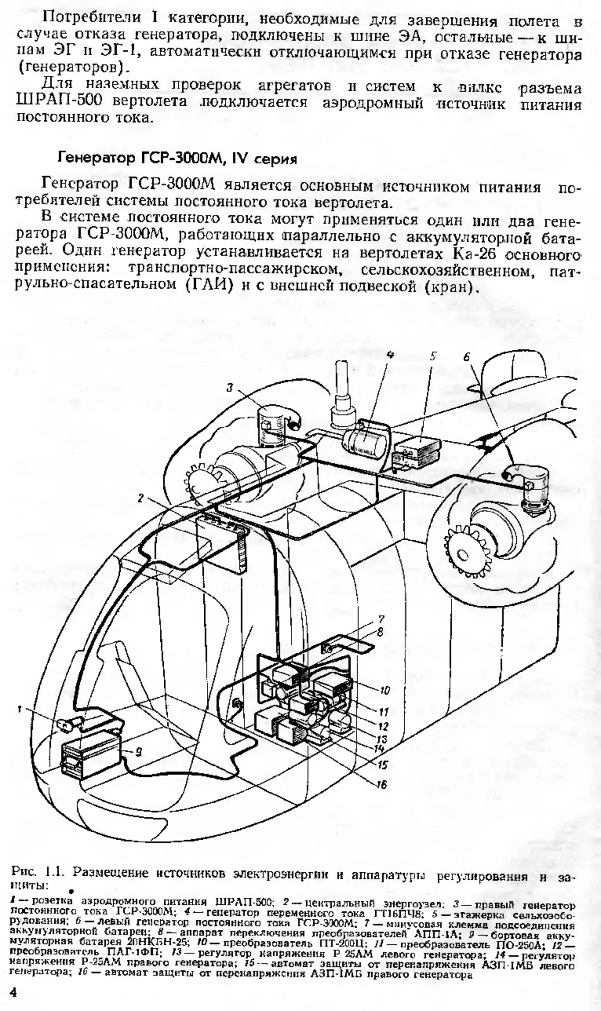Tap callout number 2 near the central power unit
click(x=141, y=498)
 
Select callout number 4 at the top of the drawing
click(x=389, y=354)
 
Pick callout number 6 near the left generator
click(x=467, y=357)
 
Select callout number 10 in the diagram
click(x=384, y=690)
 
